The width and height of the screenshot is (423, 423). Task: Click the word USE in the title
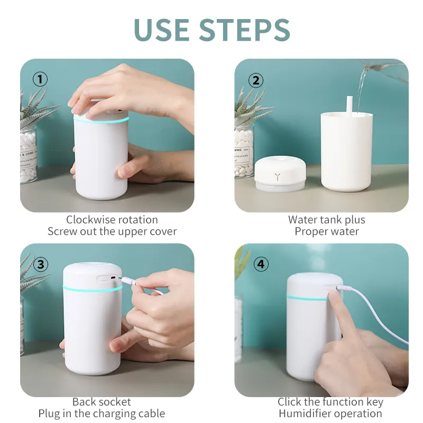coord(161,30)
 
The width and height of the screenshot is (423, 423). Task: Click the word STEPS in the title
coord(245,30)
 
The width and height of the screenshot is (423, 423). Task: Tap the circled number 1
coord(40,79)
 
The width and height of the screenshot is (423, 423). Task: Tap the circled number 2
coord(256,80)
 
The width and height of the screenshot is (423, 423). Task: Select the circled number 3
coord(41,264)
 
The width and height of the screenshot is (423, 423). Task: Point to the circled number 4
coord(261,264)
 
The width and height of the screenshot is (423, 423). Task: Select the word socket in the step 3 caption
coord(115,402)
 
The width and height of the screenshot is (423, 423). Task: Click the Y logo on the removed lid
coord(277,177)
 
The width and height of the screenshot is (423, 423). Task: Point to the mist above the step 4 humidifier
coord(319,258)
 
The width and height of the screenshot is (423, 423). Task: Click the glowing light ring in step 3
coord(92,289)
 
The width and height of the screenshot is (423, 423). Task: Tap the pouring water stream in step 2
coord(362,89)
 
